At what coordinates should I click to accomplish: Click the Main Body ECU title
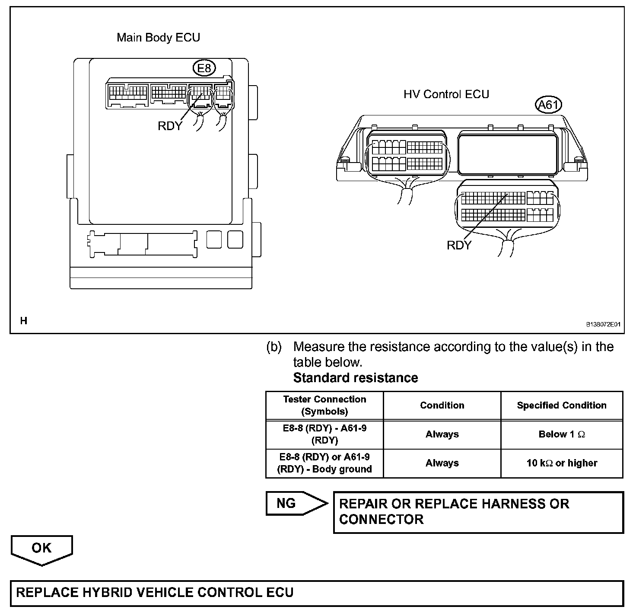click(158, 38)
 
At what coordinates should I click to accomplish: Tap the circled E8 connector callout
click(204, 68)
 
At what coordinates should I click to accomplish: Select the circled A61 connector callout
click(548, 105)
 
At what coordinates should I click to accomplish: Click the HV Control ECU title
click(446, 94)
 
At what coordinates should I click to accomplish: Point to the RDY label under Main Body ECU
click(170, 126)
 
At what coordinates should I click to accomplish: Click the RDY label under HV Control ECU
click(459, 245)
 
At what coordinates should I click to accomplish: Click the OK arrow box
click(41, 549)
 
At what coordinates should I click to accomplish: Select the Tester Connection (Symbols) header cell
click(324, 405)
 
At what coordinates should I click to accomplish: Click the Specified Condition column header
click(561, 405)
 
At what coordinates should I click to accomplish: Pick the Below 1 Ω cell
click(561, 434)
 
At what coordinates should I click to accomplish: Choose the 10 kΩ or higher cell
click(561, 463)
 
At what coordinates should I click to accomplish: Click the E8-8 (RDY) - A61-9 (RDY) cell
click(324, 434)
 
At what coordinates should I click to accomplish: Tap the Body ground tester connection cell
click(324, 463)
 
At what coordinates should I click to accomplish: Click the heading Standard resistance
click(355, 378)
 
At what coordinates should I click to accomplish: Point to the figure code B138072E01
click(603, 324)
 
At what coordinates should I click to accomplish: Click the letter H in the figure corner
click(23, 321)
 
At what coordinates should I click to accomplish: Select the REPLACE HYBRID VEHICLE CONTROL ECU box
click(317, 592)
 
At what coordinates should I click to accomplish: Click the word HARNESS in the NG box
click(513, 504)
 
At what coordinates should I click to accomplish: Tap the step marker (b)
click(274, 347)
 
